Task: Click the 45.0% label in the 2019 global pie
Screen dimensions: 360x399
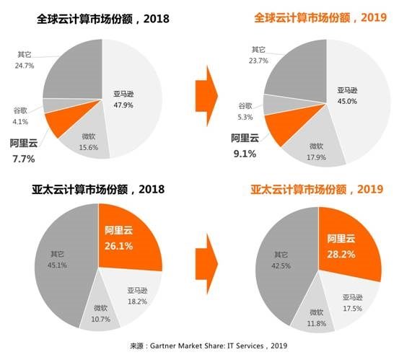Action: click(348, 101)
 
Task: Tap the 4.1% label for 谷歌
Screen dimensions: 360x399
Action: click(19, 122)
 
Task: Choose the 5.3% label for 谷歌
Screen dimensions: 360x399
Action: click(247, 118)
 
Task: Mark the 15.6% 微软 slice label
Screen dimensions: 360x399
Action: click(89, 147)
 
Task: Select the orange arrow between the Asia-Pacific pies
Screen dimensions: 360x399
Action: click(207, 265)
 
